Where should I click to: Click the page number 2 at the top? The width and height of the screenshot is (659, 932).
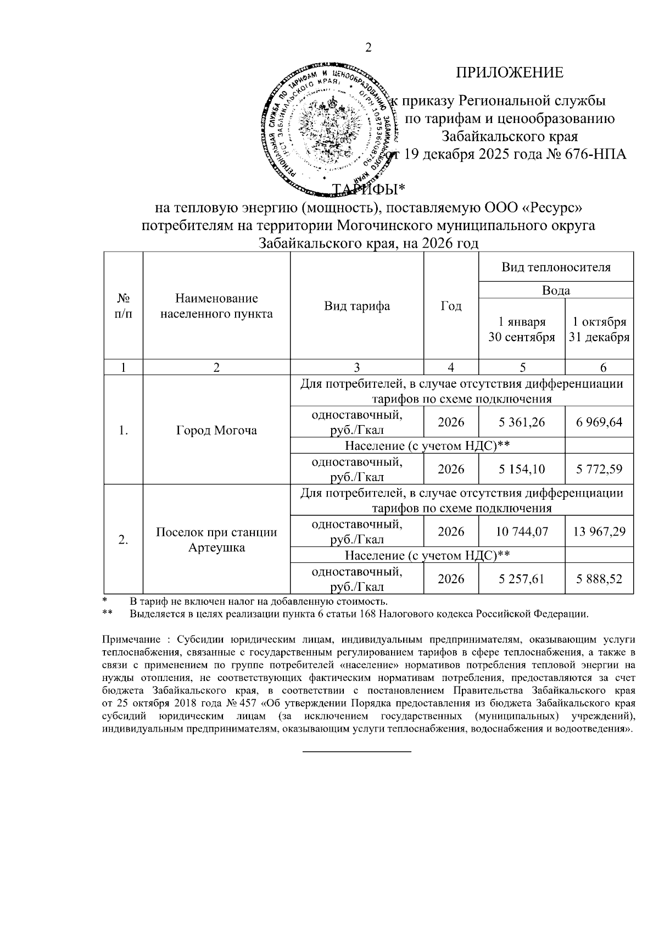(368, 48)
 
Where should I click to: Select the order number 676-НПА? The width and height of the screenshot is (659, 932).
(595, 154)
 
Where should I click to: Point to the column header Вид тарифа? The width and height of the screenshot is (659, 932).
(357, 306)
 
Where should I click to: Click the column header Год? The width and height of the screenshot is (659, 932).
(451, 306)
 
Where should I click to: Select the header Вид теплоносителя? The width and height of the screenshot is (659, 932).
(556, 267)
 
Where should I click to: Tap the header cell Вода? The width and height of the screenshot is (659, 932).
(556, 291)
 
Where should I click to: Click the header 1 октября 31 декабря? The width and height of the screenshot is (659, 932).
(599, 330)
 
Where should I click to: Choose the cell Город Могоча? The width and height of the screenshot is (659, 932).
(216, 430)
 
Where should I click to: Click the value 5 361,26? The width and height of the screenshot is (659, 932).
(522, 422)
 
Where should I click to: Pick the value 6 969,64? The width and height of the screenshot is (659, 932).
(599, 422)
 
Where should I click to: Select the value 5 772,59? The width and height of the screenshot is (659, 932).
(599, 469)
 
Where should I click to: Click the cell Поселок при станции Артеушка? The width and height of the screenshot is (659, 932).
(216, 540)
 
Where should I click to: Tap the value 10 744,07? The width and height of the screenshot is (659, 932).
(522, 532)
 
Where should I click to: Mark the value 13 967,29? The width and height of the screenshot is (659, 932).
(599, 532)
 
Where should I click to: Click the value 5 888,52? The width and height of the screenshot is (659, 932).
(599, 579)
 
